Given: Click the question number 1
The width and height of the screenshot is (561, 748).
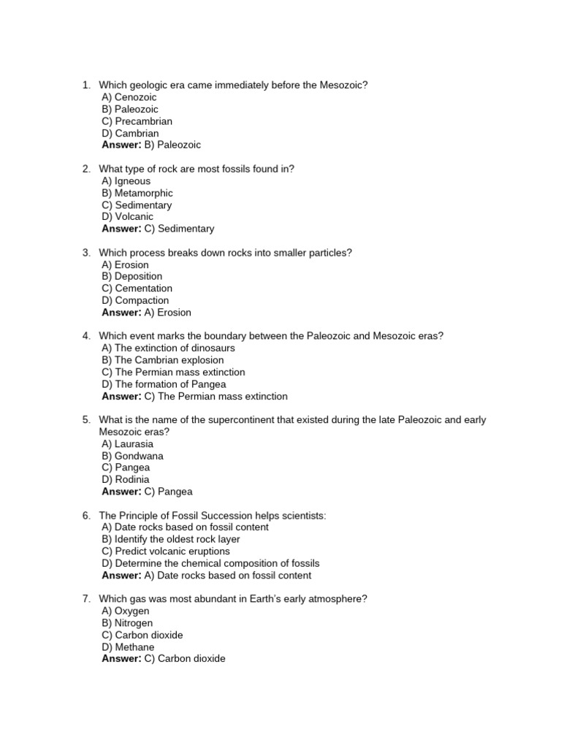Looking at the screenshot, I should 85,85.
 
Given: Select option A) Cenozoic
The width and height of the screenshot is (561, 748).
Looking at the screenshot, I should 129,97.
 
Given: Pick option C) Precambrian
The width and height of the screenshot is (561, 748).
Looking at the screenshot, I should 137,121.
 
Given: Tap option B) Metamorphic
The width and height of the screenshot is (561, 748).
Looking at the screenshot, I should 137,193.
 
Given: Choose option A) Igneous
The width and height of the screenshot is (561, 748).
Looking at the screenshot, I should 126,181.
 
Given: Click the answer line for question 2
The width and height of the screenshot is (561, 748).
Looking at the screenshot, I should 158,229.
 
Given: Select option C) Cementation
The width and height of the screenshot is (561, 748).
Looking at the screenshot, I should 137,289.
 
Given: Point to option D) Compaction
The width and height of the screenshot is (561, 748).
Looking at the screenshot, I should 135,300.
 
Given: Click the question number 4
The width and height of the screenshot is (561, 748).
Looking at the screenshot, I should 85,336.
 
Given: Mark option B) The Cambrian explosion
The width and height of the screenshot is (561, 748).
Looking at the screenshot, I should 163,360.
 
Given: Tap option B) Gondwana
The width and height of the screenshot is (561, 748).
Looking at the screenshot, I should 133,456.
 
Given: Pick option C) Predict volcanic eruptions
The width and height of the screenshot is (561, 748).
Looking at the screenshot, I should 166,552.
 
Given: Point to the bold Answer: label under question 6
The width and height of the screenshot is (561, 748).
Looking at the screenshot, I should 121,576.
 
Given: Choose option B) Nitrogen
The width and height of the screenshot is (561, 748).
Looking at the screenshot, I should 128,623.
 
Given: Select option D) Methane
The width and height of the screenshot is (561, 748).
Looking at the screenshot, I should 129,647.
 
